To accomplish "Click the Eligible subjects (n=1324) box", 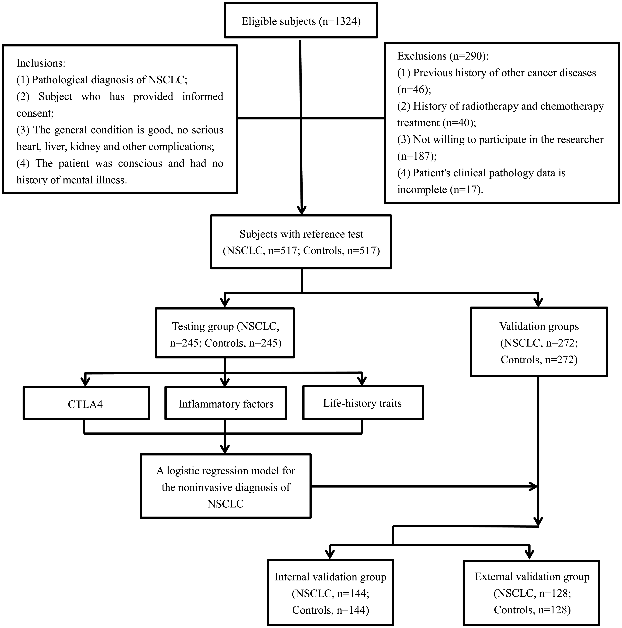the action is [301, 20].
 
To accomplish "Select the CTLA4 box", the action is [86, 403].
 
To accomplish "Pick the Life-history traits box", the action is [363, 402].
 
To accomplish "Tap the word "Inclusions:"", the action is [41, 63].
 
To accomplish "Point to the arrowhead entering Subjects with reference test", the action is [302, 210].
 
